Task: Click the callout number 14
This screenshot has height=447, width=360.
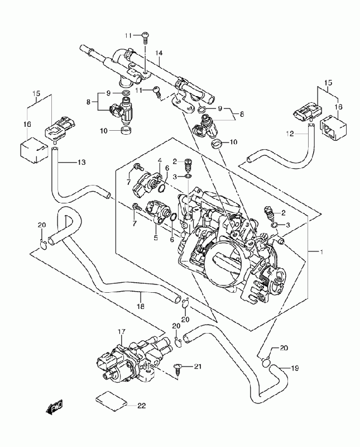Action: (x=159, y=53)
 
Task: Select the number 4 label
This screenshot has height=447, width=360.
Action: (x=159, y=160)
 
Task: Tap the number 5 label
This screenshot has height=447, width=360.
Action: (x=156, y=238)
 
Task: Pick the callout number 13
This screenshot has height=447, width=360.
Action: (x=81, y=162)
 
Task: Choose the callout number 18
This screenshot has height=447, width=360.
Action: (x=140, y=307)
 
